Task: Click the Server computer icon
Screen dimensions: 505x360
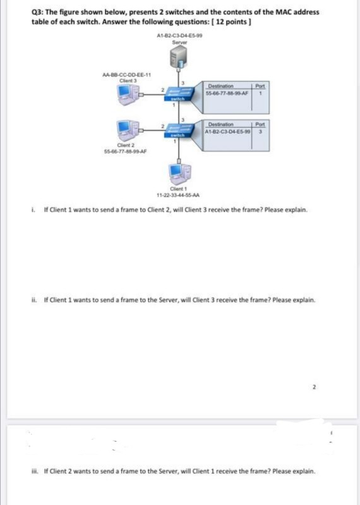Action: tap(178, 59)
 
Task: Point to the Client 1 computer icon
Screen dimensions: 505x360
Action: tap(178, 171)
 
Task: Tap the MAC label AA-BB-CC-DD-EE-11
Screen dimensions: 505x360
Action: tap(125, 75)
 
